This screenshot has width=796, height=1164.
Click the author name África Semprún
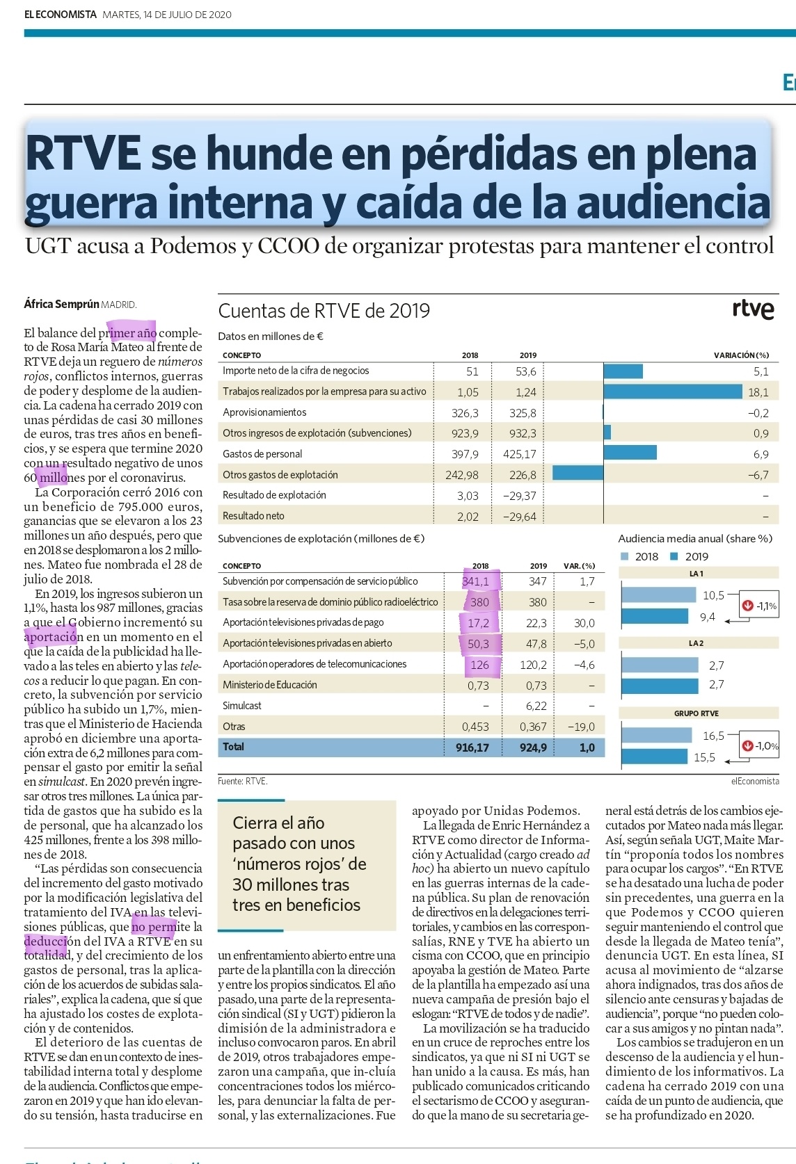(x=61, y=304)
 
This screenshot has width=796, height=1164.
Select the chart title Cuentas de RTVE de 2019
(x=324, y=310)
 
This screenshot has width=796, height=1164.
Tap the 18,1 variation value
(x=758, y=392)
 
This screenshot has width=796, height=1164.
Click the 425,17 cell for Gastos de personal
(x=519, y=454)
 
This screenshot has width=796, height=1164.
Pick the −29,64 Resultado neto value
(x=519, y=516)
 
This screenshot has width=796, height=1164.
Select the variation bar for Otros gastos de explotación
(x=578, y=474)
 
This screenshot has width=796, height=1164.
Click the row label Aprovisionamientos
(x=264, y=412)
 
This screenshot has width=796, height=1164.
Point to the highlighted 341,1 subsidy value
(x=477, y=581)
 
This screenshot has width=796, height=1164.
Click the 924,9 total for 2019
(x=533, y=747)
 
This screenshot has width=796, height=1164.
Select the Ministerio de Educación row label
(x=270, y=685)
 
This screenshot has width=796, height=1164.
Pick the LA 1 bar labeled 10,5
(x=659, y=595)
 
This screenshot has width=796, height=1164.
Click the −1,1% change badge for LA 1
(x=760, y=606)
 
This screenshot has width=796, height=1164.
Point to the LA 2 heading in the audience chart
(x=696, y=643)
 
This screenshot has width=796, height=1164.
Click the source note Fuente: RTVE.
(x=242, y=781)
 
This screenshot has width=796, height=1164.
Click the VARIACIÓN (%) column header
(x=741, y=355)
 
